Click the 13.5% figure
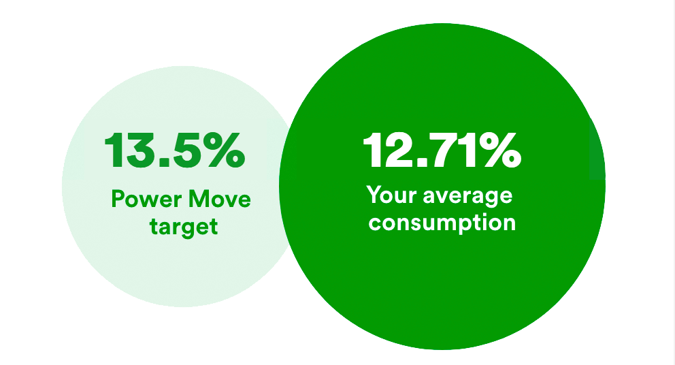(175, 150)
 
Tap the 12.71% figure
(442, 150)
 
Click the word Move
(220, 199)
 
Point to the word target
(184, 227)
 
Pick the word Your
(391, 195)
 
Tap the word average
(468, 197)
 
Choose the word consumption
(442, 223)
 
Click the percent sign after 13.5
(225, 150)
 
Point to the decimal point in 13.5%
(165, 163)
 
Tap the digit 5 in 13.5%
(188, 150)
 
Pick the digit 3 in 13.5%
(142, 150)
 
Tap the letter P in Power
(118, 199)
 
